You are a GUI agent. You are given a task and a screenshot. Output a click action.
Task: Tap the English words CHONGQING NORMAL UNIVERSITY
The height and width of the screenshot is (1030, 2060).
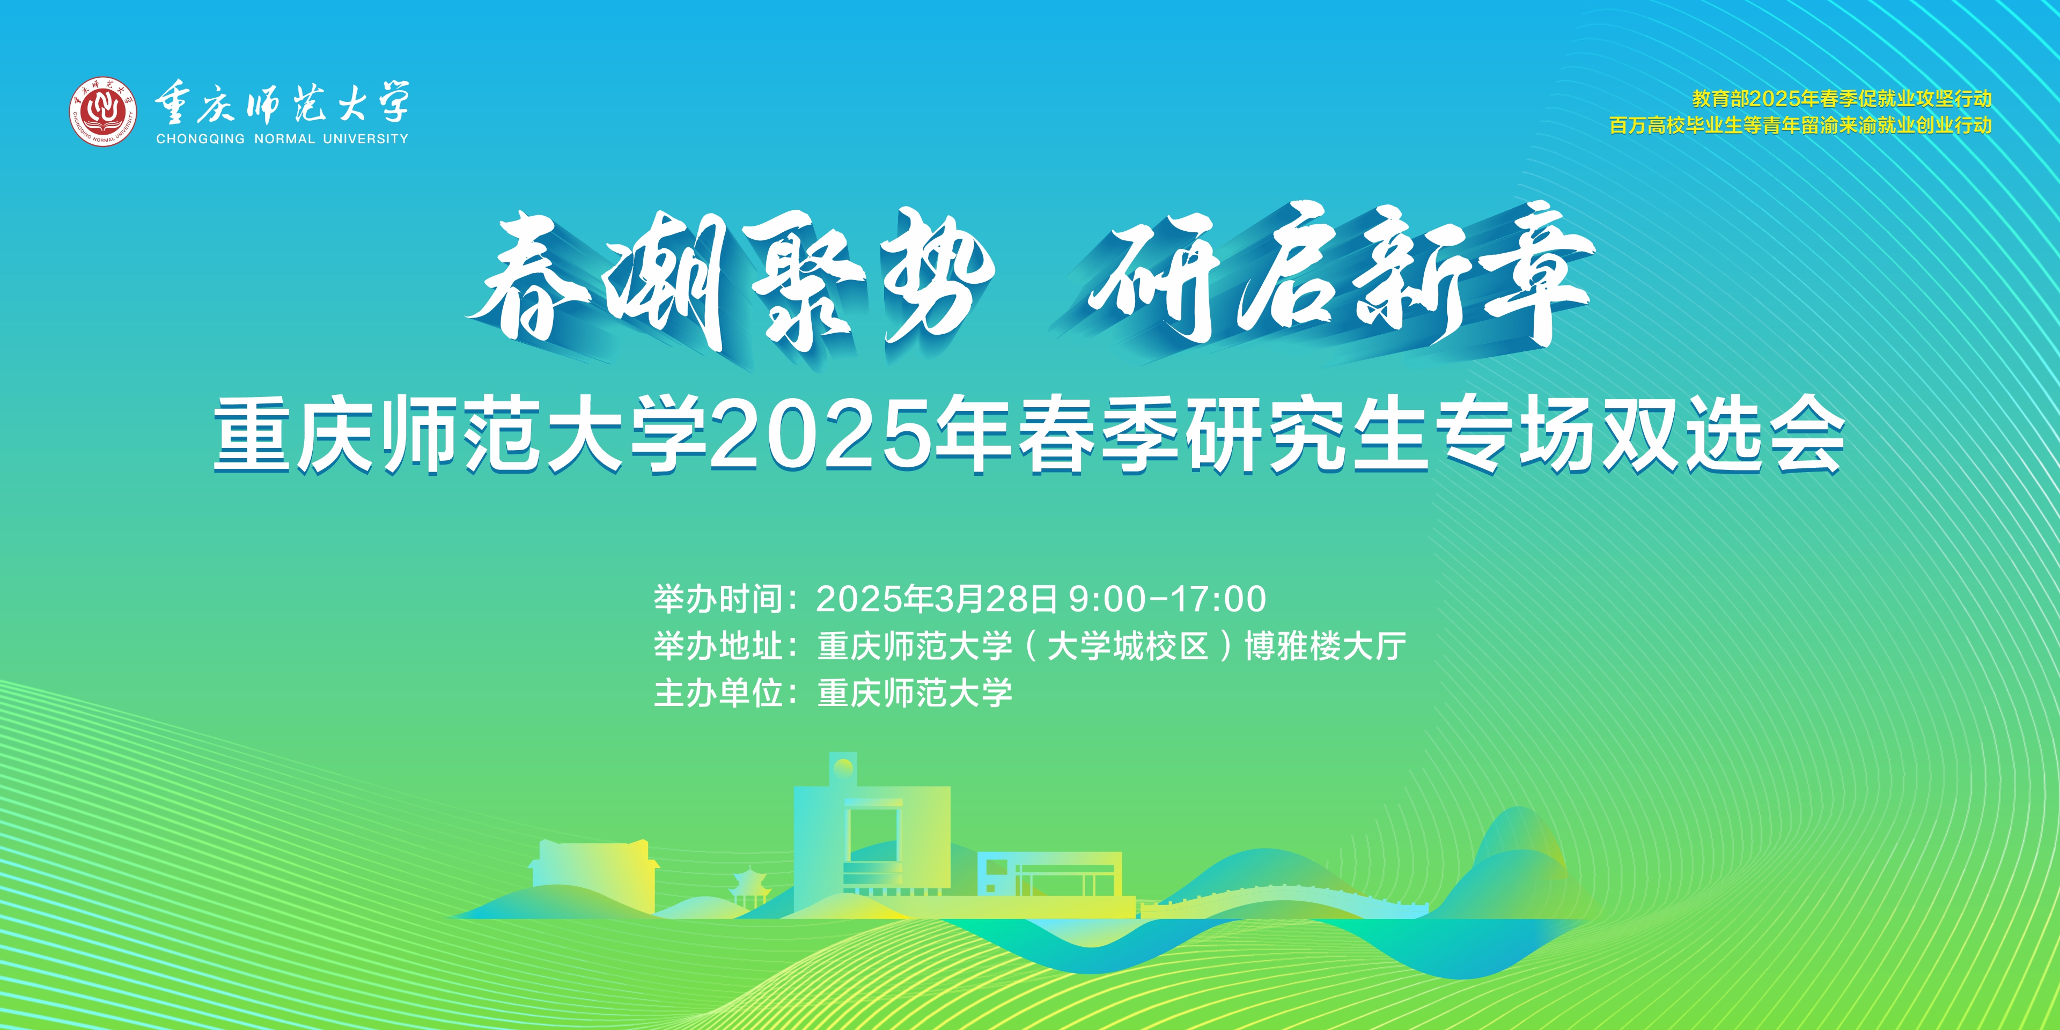pyautogui.click(x=282, y=139)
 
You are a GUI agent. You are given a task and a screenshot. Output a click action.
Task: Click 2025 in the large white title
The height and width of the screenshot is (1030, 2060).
pyautogui.click(x=821, y=437)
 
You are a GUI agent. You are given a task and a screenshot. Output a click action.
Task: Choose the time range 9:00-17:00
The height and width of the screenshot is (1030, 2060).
pyautogui.click(x=1167, y=599)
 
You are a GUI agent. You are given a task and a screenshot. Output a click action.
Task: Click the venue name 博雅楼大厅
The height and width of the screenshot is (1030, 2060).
pyautogui.click(x=1325, y=646)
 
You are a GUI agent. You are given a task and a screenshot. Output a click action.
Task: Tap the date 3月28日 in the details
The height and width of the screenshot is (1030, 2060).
pyautogui.click(x=996, y=599)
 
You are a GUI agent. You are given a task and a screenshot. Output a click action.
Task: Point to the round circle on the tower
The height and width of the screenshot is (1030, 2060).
pyautogui.click(x=842, y=769)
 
